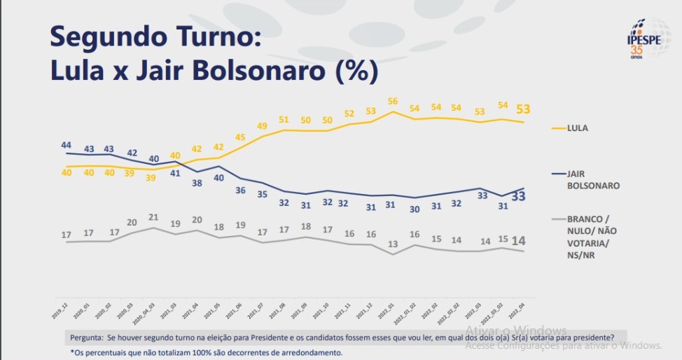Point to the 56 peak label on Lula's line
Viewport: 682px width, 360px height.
click(393, 101)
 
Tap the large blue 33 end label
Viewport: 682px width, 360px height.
click(519, 197)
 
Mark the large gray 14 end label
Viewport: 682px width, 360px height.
click(519, 241)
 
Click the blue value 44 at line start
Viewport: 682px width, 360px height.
click(67, 144)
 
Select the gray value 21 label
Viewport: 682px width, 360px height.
click(153, 217)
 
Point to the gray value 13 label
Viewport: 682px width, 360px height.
click(393, 244)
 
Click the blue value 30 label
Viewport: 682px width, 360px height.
click(415, 209)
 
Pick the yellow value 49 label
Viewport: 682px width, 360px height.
click(263, 126)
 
